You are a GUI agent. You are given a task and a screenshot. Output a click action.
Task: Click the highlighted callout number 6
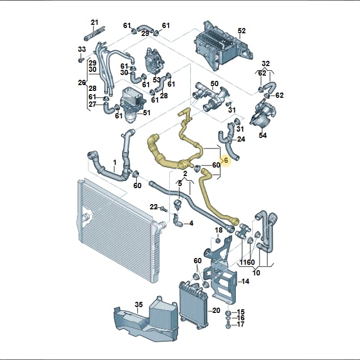(226, 160)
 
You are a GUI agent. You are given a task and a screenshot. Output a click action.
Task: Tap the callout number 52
(242, 31)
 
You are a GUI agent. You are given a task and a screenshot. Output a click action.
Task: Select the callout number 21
(95, 22)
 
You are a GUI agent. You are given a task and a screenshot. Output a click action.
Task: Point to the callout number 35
(139, 304)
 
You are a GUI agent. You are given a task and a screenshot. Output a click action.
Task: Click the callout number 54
(262, 135)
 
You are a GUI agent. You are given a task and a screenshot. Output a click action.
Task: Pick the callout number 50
(215, 84)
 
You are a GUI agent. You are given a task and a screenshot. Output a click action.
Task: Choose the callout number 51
(146, 113)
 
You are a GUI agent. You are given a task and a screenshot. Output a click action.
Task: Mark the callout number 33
(82, 49)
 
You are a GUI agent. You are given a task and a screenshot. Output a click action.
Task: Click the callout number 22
(154, 207)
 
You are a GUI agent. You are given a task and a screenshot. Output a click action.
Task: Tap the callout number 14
(245, 281)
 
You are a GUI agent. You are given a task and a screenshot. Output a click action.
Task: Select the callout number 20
(216, 310)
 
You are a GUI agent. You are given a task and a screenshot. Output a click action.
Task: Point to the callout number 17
(241, 324)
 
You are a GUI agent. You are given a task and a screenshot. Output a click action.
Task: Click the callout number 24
(241, 139)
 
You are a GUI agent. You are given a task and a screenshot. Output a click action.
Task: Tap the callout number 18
(218, 230)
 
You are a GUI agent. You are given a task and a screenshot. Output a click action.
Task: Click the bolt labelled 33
(80, 60)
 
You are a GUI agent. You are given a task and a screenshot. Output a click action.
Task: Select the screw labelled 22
(164, 209)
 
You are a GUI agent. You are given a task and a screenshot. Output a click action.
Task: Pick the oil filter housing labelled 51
(133, 104)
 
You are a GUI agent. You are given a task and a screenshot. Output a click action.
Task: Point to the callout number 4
(191, 223)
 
